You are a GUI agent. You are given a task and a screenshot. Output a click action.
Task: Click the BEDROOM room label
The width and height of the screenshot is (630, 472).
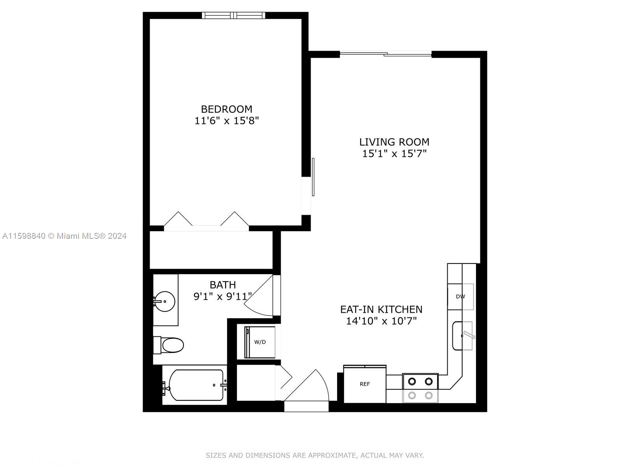[x=226, y=109]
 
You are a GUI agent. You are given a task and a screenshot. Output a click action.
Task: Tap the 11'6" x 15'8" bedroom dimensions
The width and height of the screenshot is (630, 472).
[x=226, y=121]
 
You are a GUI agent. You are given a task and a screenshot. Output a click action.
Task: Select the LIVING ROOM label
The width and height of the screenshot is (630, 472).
[x=394, y=142]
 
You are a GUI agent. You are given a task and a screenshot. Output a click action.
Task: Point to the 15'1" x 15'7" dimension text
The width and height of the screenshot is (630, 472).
[x=394, y=154]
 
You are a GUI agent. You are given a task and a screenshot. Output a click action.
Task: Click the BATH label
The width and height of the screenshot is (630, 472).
[x=223, y=284]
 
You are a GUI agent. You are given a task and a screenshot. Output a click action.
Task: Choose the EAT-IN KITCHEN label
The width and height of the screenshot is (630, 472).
[x=381, y=309]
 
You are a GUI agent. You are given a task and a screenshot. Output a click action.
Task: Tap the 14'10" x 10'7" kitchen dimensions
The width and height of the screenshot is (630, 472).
[x=381, y=321]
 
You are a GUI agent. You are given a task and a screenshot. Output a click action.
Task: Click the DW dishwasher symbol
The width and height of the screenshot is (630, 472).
[x=460, y=297]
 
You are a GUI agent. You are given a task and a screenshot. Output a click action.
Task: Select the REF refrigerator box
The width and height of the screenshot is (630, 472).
[x=365, y=384]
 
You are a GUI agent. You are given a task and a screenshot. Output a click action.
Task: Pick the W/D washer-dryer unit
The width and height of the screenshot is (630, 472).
[x=260, y=342]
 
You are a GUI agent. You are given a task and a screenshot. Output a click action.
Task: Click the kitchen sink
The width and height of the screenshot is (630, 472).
[x=462, y=336]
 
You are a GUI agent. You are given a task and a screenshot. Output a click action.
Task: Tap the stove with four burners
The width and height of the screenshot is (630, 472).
[x=420, y=388]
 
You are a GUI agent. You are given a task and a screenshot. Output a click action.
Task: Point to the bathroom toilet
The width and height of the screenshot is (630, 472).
[x=169, y=345]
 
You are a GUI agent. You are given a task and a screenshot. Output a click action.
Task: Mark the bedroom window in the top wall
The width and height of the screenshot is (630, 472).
[x=233, y=15]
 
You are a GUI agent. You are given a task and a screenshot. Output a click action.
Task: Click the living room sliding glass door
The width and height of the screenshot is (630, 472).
[x=385, y=53]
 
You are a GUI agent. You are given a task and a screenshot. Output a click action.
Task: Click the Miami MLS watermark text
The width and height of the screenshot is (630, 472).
[x=65, y=236]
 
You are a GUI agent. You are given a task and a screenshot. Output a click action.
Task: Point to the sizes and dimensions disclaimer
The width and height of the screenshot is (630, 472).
[x=315, y=455]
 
